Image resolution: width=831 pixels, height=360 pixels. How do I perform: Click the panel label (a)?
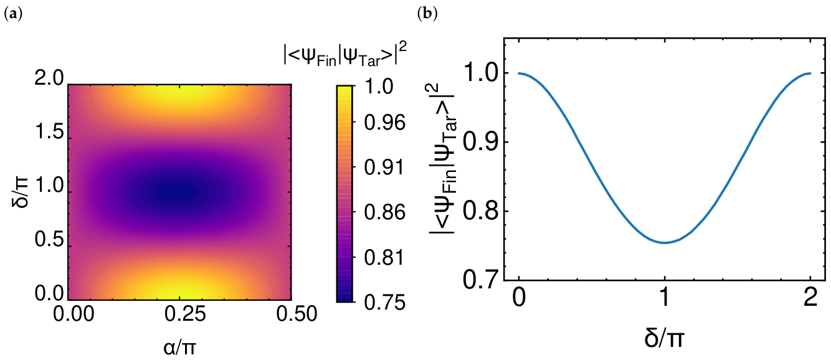coord(13,14)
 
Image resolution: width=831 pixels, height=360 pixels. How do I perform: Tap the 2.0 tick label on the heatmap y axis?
coord(49,78)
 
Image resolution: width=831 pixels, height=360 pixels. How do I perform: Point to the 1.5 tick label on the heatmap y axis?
coord(49,131)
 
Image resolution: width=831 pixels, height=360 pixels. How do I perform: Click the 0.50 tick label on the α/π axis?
coord(297,314)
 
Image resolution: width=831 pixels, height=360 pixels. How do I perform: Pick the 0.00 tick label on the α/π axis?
coord(74,314)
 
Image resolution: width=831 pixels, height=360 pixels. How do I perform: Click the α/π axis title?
coord(180,347)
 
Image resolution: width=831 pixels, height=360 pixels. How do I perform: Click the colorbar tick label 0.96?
coord(384,123)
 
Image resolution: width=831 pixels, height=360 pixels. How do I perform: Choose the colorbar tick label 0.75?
coord(384,303)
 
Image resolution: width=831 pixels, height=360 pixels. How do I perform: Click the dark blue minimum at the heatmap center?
coord(179,192)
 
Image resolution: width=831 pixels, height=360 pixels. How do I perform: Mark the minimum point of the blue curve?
coord(665,243)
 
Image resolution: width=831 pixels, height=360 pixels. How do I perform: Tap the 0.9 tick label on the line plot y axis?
coord(481,141)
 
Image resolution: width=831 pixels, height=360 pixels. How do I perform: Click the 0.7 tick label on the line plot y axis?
coord(481,280)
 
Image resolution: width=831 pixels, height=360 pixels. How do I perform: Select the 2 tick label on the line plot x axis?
coord(810,298)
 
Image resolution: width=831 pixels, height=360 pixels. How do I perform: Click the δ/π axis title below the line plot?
coord(664,338)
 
